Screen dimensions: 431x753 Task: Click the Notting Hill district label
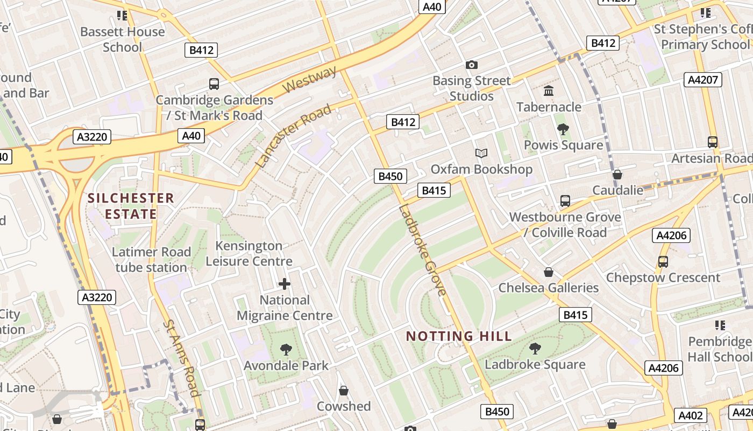[x=458, y=336]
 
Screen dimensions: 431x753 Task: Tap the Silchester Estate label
[x=131, y=206]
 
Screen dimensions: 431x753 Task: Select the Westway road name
[x=310, y=80]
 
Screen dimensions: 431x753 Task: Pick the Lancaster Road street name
[x=293, y=136]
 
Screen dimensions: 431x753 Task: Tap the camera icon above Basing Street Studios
[x=472, y=65]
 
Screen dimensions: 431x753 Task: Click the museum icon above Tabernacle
[x=549, y=91]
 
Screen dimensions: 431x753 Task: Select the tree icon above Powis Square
[x=563, y=129]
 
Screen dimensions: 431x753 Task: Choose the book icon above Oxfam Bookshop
[x=481, y=154]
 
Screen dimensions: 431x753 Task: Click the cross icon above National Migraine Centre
[x=285, y=284]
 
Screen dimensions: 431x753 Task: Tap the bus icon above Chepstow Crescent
[x=663, y=262]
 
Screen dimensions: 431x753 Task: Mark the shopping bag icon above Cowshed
[x=344, y=391]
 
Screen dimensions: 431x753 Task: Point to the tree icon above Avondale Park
[x=286, y=350]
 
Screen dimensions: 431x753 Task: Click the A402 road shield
[x=691, y=415]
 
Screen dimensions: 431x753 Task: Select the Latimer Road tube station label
[x=151, y=260]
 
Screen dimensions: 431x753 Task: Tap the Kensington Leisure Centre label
[x=248, y=253]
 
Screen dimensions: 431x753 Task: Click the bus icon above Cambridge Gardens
[x=214, y=84]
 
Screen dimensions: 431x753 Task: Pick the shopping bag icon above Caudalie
[x=617, y=175]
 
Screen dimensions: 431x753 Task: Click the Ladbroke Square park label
[x=535, y=364]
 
